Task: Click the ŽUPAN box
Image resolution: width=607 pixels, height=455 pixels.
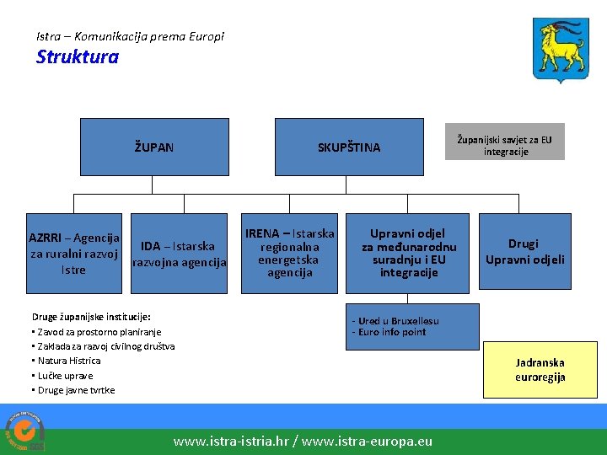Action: click(x=154, y=147)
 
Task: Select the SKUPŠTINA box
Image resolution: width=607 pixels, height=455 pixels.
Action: click(x=348, y=147)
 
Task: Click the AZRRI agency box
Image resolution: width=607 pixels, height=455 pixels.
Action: click(x=74, y=254)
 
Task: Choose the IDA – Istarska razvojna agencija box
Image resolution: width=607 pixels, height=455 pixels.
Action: click(x=179, y=254)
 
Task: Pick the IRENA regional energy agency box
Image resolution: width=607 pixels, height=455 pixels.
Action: click(x=289, y=253)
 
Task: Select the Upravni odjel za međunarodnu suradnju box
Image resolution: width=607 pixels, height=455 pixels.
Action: click(x=409, y=253)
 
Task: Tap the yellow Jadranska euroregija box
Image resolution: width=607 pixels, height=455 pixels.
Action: click(x=540, y=370)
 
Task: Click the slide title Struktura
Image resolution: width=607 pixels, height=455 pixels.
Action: click(x=78, y=58)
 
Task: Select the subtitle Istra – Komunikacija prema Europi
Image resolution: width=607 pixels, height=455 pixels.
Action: click(x=131, y=36)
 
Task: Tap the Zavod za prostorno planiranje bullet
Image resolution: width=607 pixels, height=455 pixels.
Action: click(x=96, y=332)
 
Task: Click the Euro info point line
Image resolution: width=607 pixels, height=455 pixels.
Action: click(x=389, y=332)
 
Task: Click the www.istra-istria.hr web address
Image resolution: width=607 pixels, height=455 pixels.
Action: click(x=230, y=441)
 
